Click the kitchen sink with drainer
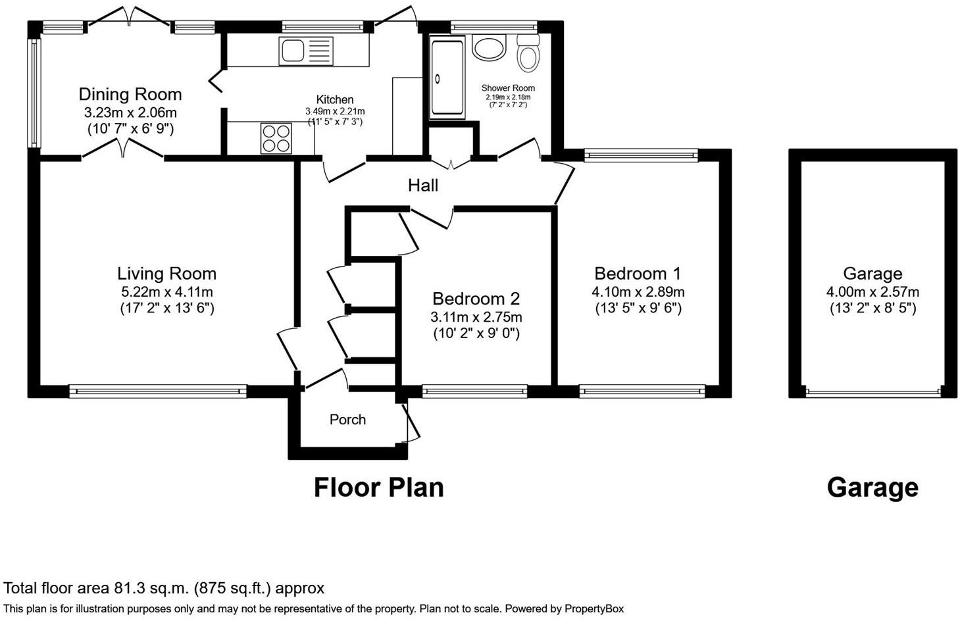click(x=306, y=51)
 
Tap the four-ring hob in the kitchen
click(x=276, y=138)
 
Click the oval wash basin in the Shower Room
click(x=489, y=47)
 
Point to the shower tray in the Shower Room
click(x=447, y=77)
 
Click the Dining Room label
click(x=130, y=95)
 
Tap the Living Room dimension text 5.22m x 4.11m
click(x=167, y=292)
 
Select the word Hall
click(x=423, y=186)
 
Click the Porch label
click(x=347, y=420)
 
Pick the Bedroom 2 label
click(x=476, y=299)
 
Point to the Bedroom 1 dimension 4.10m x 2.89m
click(x=638, y=292)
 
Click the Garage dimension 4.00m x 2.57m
click(x=872, y=292)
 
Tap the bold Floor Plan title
click(x=379, y=487)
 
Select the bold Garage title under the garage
click(x=872, y=487)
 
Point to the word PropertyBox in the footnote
click(x=594, y=608)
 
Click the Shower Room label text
click(x=508, y=88)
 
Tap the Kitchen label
click(x=335, y=99)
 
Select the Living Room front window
click(x=158, y=391)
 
